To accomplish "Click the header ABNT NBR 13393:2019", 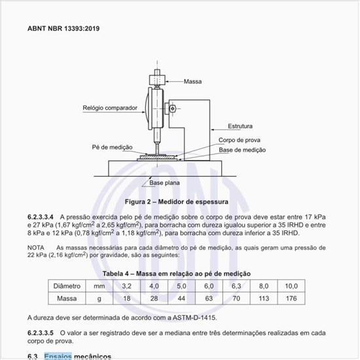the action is pos(63,29).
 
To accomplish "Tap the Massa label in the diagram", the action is pos(192,82).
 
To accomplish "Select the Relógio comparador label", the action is pos(110,108).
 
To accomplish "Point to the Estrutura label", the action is pos(240,126).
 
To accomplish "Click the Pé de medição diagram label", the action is pos(113,147).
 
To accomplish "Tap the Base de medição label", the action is pos(242,150).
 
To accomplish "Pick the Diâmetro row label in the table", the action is pos(67,286).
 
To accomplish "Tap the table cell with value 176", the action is pos(291,298).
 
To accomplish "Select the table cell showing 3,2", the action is pos(127,286).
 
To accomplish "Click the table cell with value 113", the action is pos(264,298).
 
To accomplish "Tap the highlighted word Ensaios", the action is pos(58,356).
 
